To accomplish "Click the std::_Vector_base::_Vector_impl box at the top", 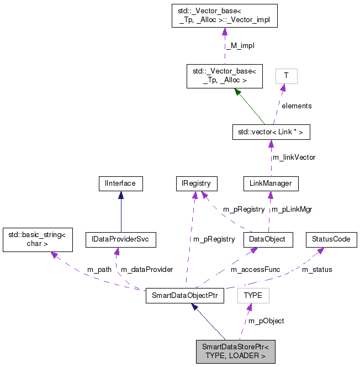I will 224,16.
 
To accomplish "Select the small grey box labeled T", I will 286,76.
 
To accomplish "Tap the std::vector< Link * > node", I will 269,133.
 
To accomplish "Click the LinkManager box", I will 271,183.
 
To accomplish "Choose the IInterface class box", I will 120,183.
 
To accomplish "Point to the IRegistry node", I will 196,183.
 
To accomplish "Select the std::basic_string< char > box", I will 36,239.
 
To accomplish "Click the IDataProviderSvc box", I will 120,240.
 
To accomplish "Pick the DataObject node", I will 268,240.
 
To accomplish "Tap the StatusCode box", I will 331,240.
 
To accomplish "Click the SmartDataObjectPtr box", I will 184,296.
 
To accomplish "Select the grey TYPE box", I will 253,296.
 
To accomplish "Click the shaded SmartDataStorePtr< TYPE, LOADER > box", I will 235,352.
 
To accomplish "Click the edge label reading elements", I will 297,106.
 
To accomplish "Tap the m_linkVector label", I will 294,158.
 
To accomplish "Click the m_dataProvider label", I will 147,270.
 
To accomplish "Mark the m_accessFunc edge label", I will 255,270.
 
